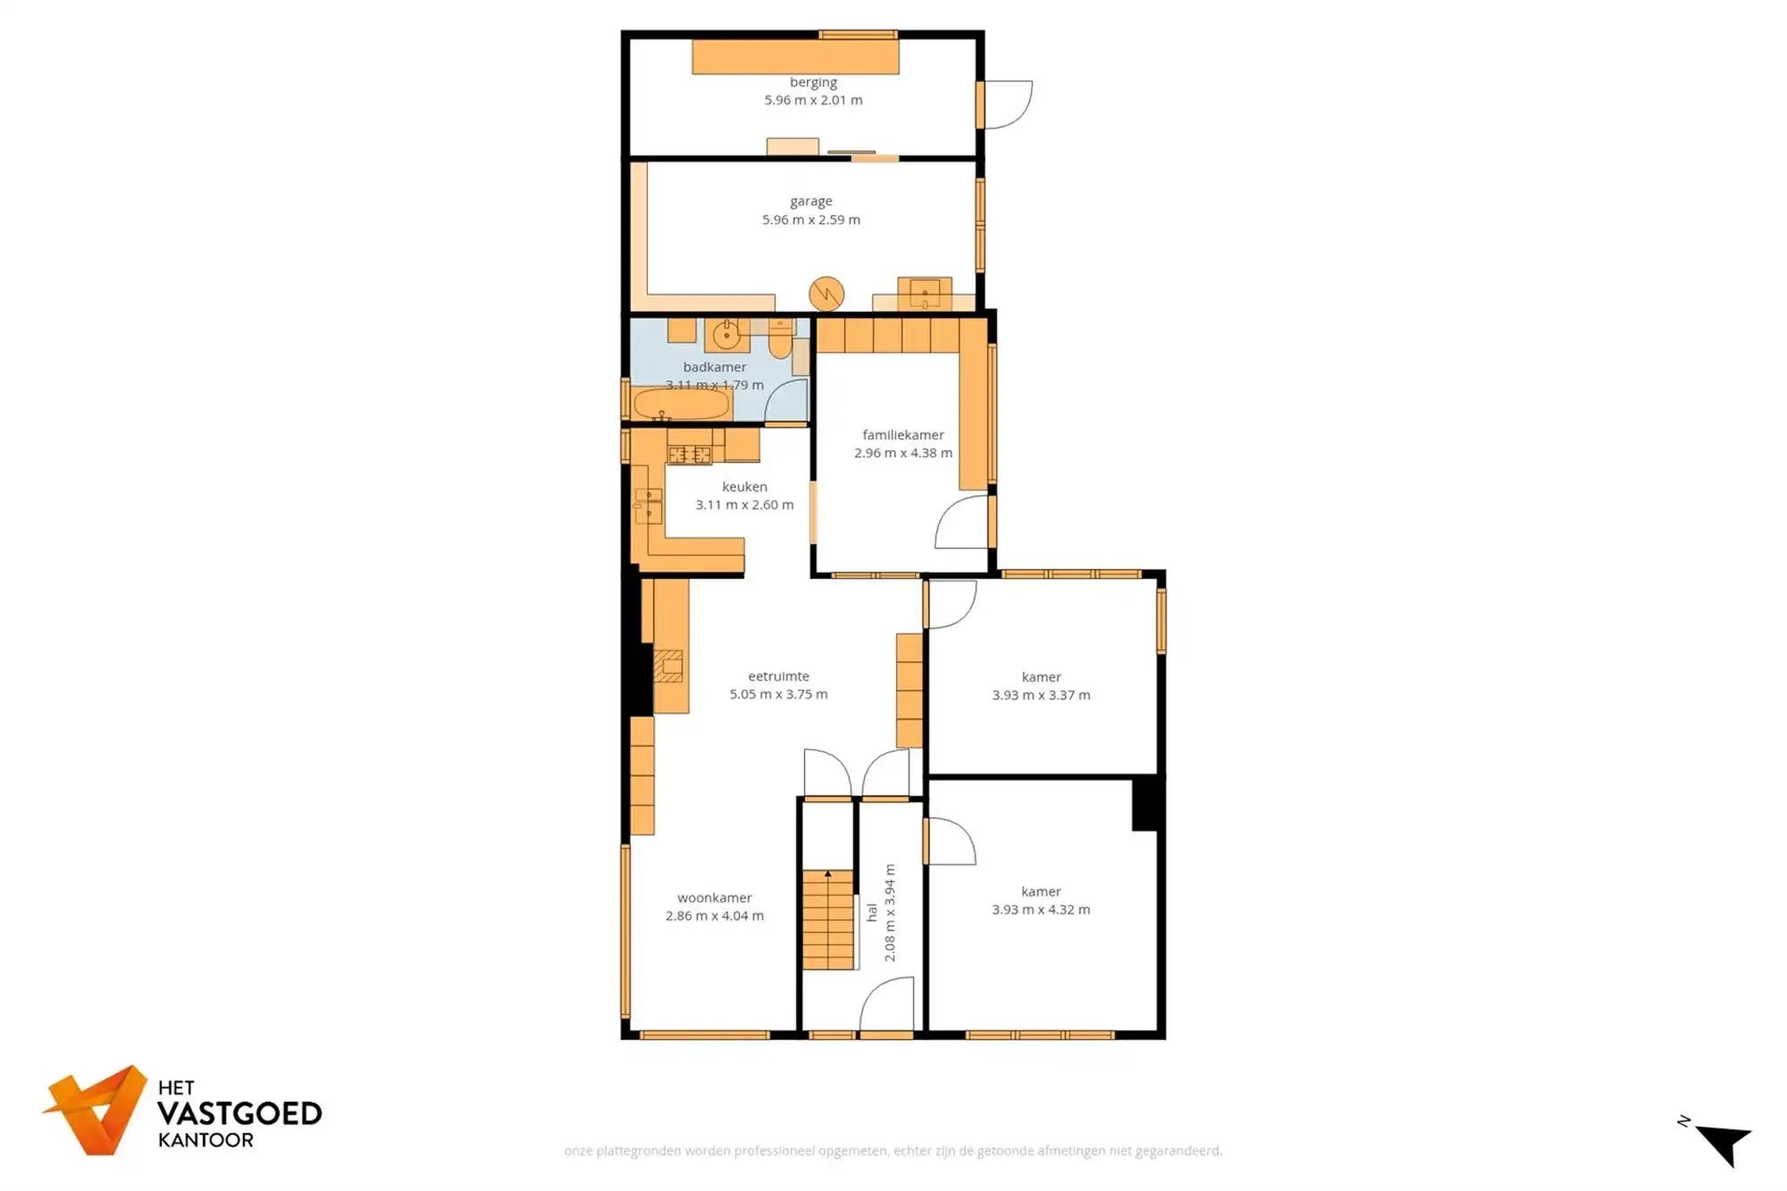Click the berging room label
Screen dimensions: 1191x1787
point(813,82)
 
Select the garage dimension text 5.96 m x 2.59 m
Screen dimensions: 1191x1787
point(810,220)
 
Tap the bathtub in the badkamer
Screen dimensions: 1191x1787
point(681,404)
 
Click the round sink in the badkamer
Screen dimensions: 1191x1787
point(726,335)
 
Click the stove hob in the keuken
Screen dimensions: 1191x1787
point(689,455)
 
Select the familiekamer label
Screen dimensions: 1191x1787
point(902,435)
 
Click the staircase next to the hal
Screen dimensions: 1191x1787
point(827,919)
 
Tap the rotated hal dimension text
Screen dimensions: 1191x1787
point(890,912)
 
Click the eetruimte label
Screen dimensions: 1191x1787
point(778,676)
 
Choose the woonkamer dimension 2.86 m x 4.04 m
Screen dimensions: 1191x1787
point(714,916)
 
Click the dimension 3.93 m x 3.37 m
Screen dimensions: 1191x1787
point(1041,695)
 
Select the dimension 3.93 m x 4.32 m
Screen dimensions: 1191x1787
point(1041,910)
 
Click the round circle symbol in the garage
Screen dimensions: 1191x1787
point(826,294)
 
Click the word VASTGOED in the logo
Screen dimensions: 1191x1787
point(239,1114)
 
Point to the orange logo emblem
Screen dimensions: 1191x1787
point(96,1110)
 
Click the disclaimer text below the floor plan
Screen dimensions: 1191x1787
point(893,1151)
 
